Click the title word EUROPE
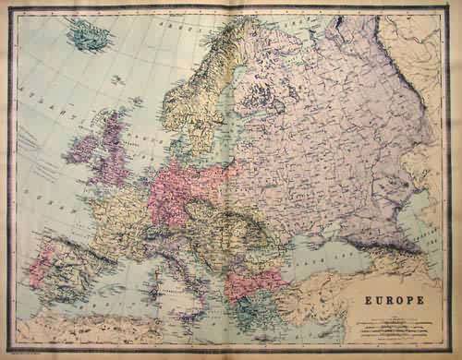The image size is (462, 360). [386, 301]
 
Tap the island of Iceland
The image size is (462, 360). [89, 36]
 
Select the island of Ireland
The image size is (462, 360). [80, 149]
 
